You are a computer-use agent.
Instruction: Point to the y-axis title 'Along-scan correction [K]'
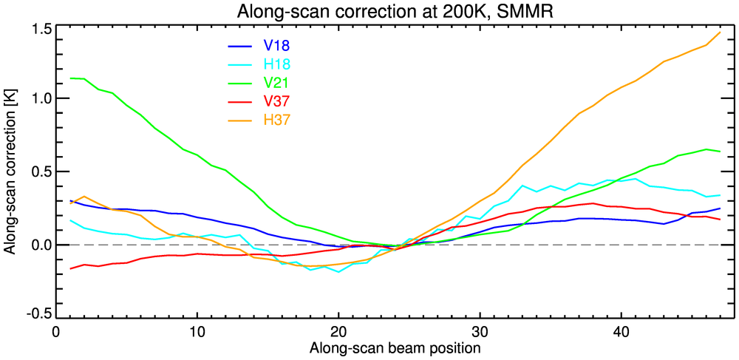click(x=10, y=173)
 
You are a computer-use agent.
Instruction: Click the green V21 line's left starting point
click(x=70, y=78)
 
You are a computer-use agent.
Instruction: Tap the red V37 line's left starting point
click(x=70, y=268)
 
